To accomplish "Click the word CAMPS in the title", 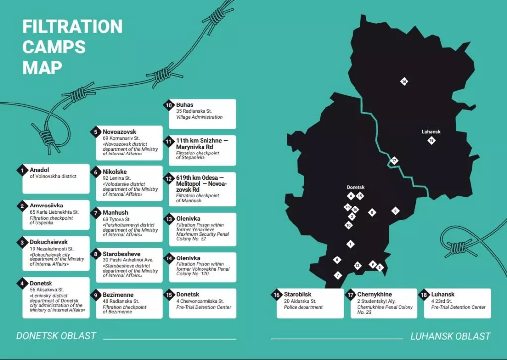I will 54,47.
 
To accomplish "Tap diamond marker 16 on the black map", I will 404,81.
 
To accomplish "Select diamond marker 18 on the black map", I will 432,141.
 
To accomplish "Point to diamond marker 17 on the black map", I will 394,160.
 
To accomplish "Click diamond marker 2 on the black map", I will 395,211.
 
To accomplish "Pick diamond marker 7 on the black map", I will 338,275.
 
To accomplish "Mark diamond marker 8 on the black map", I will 372,212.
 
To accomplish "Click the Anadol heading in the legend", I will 39,169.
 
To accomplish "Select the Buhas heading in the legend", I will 185,105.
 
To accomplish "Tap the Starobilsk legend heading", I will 298,294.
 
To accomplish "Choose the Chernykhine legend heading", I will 374,294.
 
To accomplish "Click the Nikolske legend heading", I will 115,172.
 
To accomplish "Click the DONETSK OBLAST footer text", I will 56,336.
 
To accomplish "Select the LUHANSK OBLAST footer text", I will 451,336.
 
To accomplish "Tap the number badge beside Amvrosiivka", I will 23,206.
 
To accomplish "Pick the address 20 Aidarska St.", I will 301,301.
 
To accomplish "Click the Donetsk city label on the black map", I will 356,188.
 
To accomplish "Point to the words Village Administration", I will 200,117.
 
